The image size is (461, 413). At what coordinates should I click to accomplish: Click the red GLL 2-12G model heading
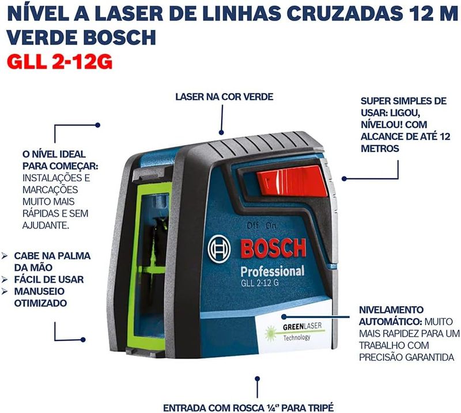(60, 62)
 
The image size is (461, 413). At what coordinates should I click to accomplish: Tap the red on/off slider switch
(291, 181)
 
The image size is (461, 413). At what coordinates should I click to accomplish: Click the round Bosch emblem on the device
(219, 249)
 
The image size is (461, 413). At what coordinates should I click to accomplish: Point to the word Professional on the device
(272, 271)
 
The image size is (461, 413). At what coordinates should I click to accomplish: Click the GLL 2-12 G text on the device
(260, 283)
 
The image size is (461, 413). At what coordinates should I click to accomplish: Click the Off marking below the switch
(252, 225)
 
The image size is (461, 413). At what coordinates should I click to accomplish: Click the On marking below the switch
(271, 225)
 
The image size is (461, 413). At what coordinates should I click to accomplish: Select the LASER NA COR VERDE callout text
(224, 97)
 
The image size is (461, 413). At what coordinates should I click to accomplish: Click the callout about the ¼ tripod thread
(248, 408)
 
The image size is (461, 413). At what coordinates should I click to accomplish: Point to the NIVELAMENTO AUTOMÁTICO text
(391, 316)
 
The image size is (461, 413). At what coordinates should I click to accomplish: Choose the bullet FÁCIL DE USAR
(49, 279)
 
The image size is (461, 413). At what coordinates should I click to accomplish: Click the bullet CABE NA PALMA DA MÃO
(52, 262)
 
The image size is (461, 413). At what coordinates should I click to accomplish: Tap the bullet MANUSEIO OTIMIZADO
(40, 297)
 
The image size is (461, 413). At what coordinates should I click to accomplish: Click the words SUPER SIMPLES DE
(403, 101)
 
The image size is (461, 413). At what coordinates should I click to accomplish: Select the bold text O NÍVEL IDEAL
(54, 154)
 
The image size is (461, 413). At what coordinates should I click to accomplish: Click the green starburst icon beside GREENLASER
(270, 334)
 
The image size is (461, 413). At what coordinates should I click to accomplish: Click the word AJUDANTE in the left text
(46, 225)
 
